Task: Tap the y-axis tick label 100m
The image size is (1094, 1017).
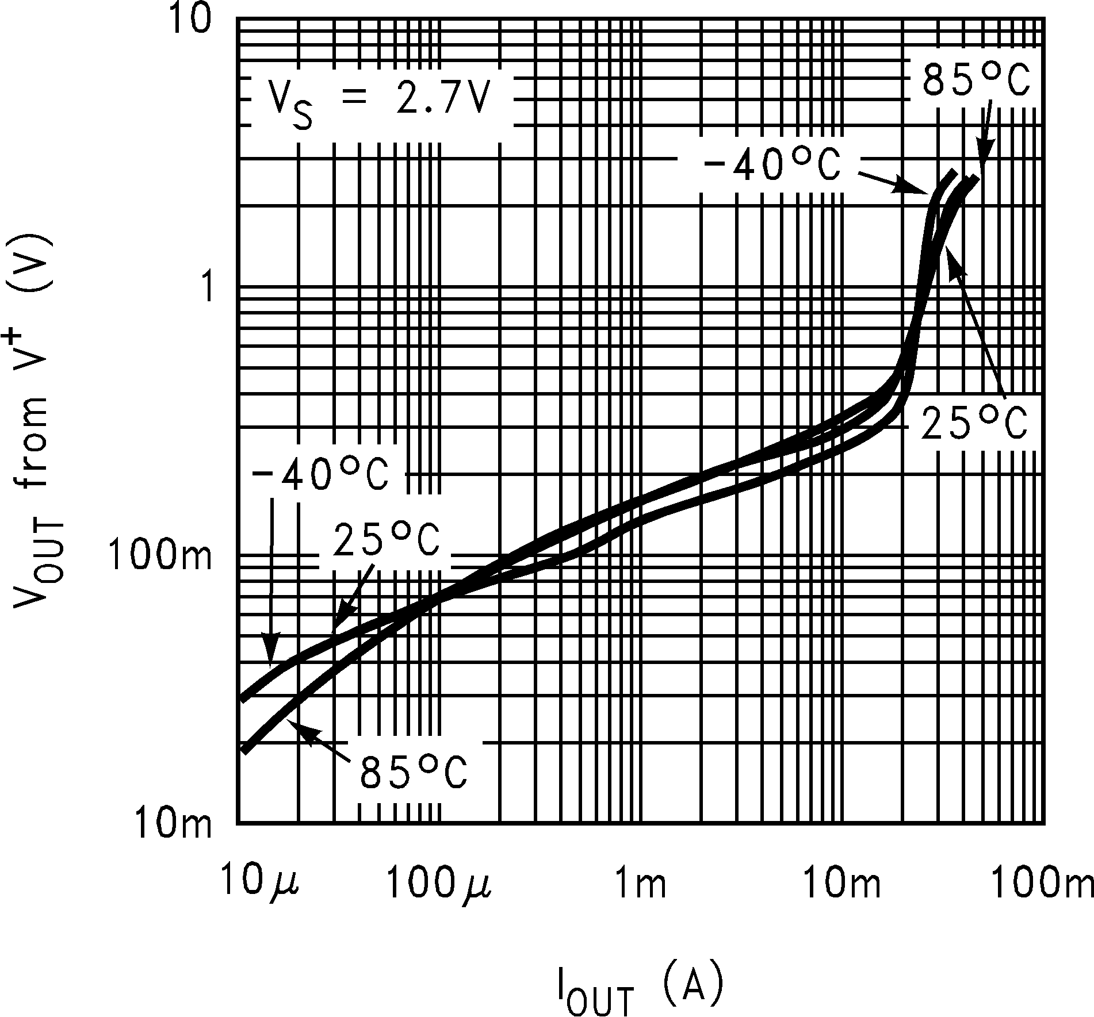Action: click(x=160, y=556)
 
